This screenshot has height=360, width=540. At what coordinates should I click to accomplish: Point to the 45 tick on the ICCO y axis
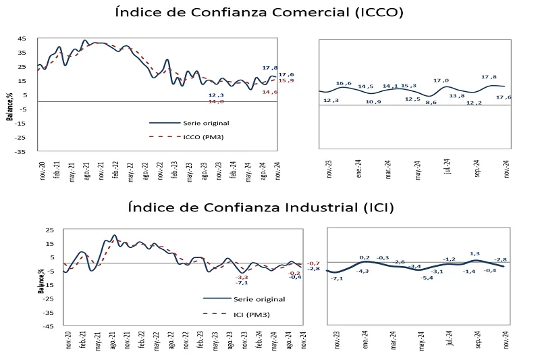pos(22,38)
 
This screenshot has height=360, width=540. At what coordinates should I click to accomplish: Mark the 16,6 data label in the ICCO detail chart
pos(344,83)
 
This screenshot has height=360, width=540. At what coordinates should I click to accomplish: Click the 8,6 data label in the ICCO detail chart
pos(431,103)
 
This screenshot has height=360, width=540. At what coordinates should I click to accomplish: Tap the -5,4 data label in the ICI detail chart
pos(427,278)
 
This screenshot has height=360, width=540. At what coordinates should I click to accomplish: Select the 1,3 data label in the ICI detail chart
pos(475,254)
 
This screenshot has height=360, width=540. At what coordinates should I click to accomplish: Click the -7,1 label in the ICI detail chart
pos(338,278)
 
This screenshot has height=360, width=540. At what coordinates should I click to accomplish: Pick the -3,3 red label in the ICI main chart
pos(242,278)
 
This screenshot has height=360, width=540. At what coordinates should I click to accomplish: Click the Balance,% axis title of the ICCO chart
pos(10,107)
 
